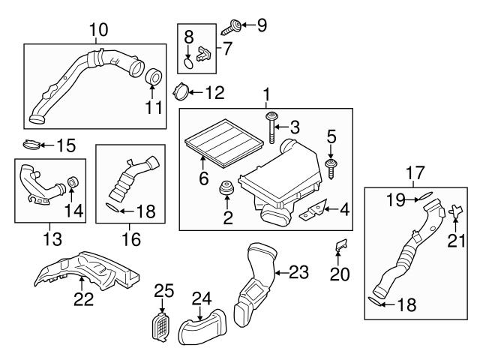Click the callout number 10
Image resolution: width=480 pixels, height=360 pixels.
point(98,30)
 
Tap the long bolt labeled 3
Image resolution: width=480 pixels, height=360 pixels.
point(269,130)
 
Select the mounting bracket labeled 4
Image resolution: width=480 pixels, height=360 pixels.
point(310,213)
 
